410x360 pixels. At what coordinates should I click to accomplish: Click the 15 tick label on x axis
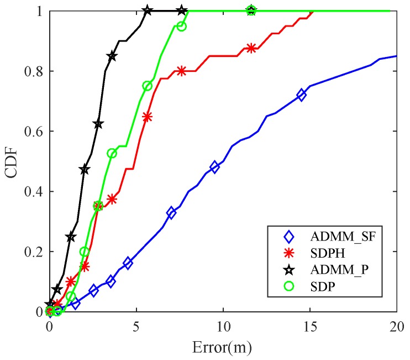pos(310,327)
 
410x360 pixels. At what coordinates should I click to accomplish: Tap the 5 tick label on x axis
pos(136,327)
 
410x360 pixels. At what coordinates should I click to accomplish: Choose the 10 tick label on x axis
pos(223,327)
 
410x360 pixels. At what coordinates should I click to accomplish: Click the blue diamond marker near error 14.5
pos(301,95)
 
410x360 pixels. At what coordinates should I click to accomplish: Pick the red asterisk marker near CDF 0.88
pos(251,48)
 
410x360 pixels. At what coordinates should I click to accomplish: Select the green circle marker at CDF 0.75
pos(147,86)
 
